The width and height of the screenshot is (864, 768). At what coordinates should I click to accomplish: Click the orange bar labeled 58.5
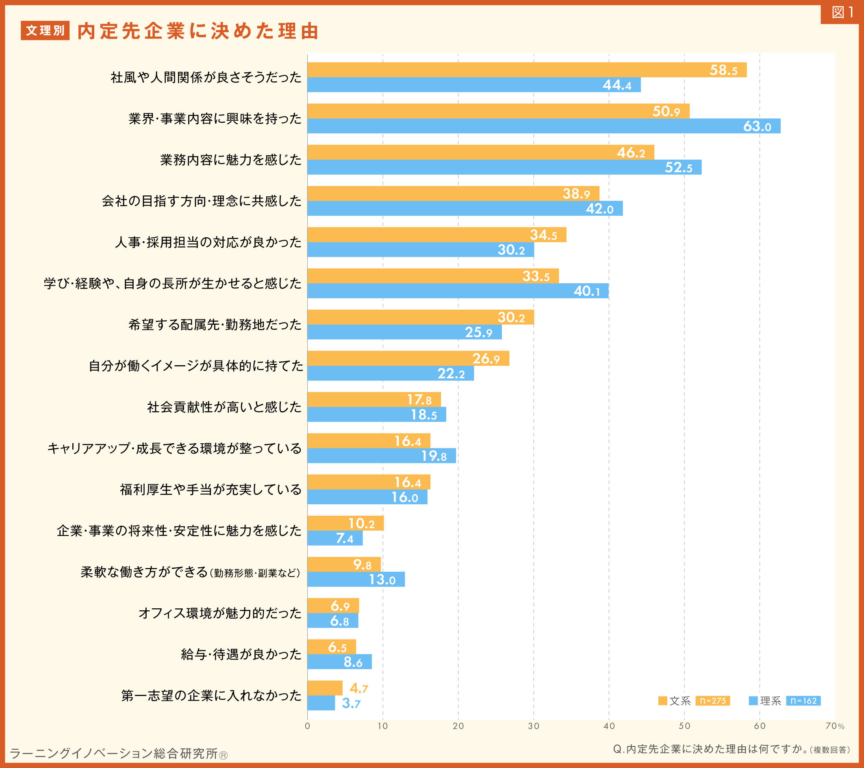point(527,70)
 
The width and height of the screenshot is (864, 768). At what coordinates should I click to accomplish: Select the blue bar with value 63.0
point(544,126)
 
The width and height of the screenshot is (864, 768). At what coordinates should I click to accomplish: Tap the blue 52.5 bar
point(504,167)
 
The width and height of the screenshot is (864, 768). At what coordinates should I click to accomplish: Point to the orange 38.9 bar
point(453,193)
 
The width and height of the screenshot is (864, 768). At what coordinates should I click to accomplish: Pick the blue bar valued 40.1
point(458,291)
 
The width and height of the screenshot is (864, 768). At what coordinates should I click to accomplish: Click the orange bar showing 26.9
point(408,358)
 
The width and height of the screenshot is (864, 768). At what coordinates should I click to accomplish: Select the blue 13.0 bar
point(356,579)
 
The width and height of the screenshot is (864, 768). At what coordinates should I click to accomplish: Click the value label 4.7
point(358,688)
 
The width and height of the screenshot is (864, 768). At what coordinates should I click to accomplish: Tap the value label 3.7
point(351,704)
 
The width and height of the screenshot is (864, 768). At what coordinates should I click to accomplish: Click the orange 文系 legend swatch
point(662,701)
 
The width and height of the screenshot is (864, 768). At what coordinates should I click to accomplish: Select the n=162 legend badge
point(803,701)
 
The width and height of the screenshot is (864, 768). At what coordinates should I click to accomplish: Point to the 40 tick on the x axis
point(609,726)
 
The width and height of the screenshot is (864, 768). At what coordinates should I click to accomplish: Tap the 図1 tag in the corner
point(842,13)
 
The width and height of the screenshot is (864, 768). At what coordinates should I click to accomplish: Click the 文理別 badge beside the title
point(45,31)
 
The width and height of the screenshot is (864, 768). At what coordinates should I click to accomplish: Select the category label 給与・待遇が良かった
point(241,654)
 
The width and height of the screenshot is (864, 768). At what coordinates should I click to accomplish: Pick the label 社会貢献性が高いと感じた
point(224,407)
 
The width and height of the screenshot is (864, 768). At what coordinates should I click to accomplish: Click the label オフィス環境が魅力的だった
point(220,613)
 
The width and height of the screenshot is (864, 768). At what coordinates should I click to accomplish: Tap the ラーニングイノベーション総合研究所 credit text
point(118,753)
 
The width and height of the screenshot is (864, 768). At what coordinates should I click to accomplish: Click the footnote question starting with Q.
point(731,749)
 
